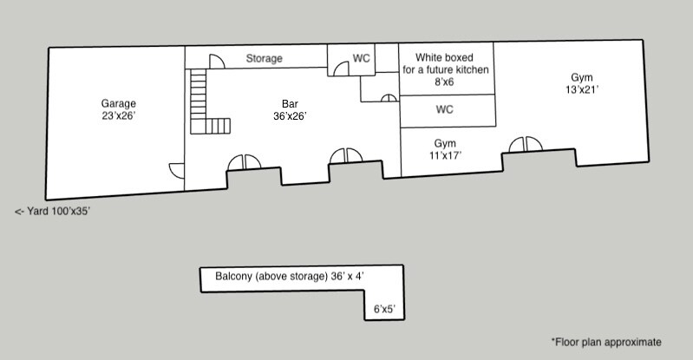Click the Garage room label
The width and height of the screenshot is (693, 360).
pos(119,104)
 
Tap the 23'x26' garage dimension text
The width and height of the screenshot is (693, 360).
pos(119,116)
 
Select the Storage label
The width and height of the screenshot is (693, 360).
pos(264,58)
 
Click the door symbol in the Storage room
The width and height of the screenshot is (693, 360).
pos(217,62)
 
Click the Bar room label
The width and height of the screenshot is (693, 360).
pos(290,104)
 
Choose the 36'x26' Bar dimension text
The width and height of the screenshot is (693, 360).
pos(290,116)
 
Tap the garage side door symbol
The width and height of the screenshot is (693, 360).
pos(177,171)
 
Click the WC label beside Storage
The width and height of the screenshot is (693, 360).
pos(361,58)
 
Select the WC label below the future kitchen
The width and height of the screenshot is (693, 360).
pos(445,109)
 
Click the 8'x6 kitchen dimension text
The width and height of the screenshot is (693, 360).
pos(444,82)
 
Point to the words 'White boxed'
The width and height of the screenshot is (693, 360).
pos(444,57)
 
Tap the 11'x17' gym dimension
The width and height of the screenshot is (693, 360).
pos(445,155)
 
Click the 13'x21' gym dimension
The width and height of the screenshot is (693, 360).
pos(582,89)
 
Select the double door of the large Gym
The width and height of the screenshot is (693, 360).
pos(526,144)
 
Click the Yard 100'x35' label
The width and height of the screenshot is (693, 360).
pos(53,212)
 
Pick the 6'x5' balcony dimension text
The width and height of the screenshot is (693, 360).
pos(384,309)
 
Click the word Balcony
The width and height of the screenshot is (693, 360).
pos(234,277)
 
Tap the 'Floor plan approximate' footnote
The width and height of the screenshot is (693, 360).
pos(606,343)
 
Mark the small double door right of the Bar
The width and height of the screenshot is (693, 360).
pos(389,98)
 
